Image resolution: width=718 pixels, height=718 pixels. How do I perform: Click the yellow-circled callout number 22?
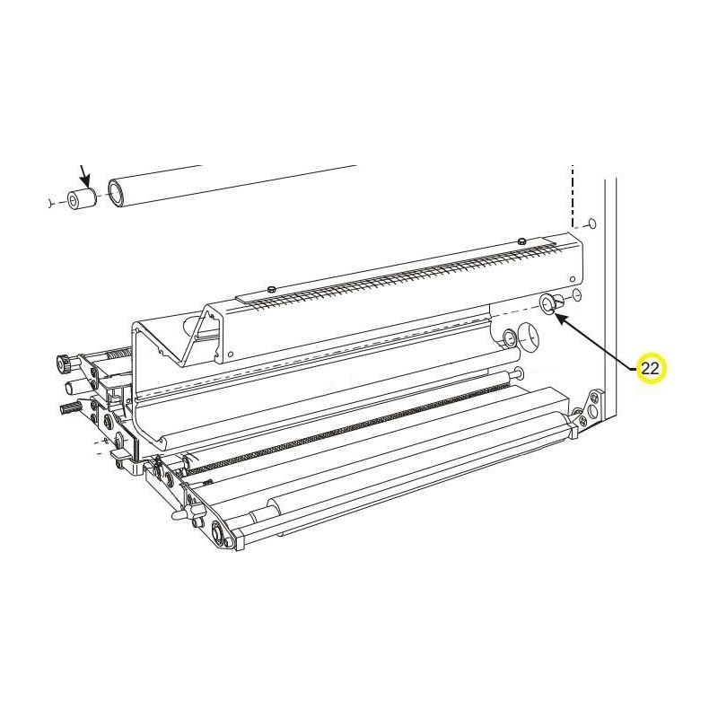[x=650, y=368]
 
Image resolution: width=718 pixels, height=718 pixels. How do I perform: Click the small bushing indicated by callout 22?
[x=548, y=305]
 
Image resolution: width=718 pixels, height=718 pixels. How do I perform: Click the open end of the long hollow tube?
[x=117, y=193]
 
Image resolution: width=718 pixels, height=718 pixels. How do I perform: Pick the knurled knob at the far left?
[x=64, y=363]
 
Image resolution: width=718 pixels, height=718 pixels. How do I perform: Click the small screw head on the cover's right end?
[x=521, y=241]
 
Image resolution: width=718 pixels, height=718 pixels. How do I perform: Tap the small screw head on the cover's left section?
[x=270, y=288]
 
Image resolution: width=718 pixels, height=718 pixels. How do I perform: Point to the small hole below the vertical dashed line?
[x=590, y=224]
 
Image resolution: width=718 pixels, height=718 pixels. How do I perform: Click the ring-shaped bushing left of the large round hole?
[x=508, y=338]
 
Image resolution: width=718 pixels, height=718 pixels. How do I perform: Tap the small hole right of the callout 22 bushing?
[x=577, y=295]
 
